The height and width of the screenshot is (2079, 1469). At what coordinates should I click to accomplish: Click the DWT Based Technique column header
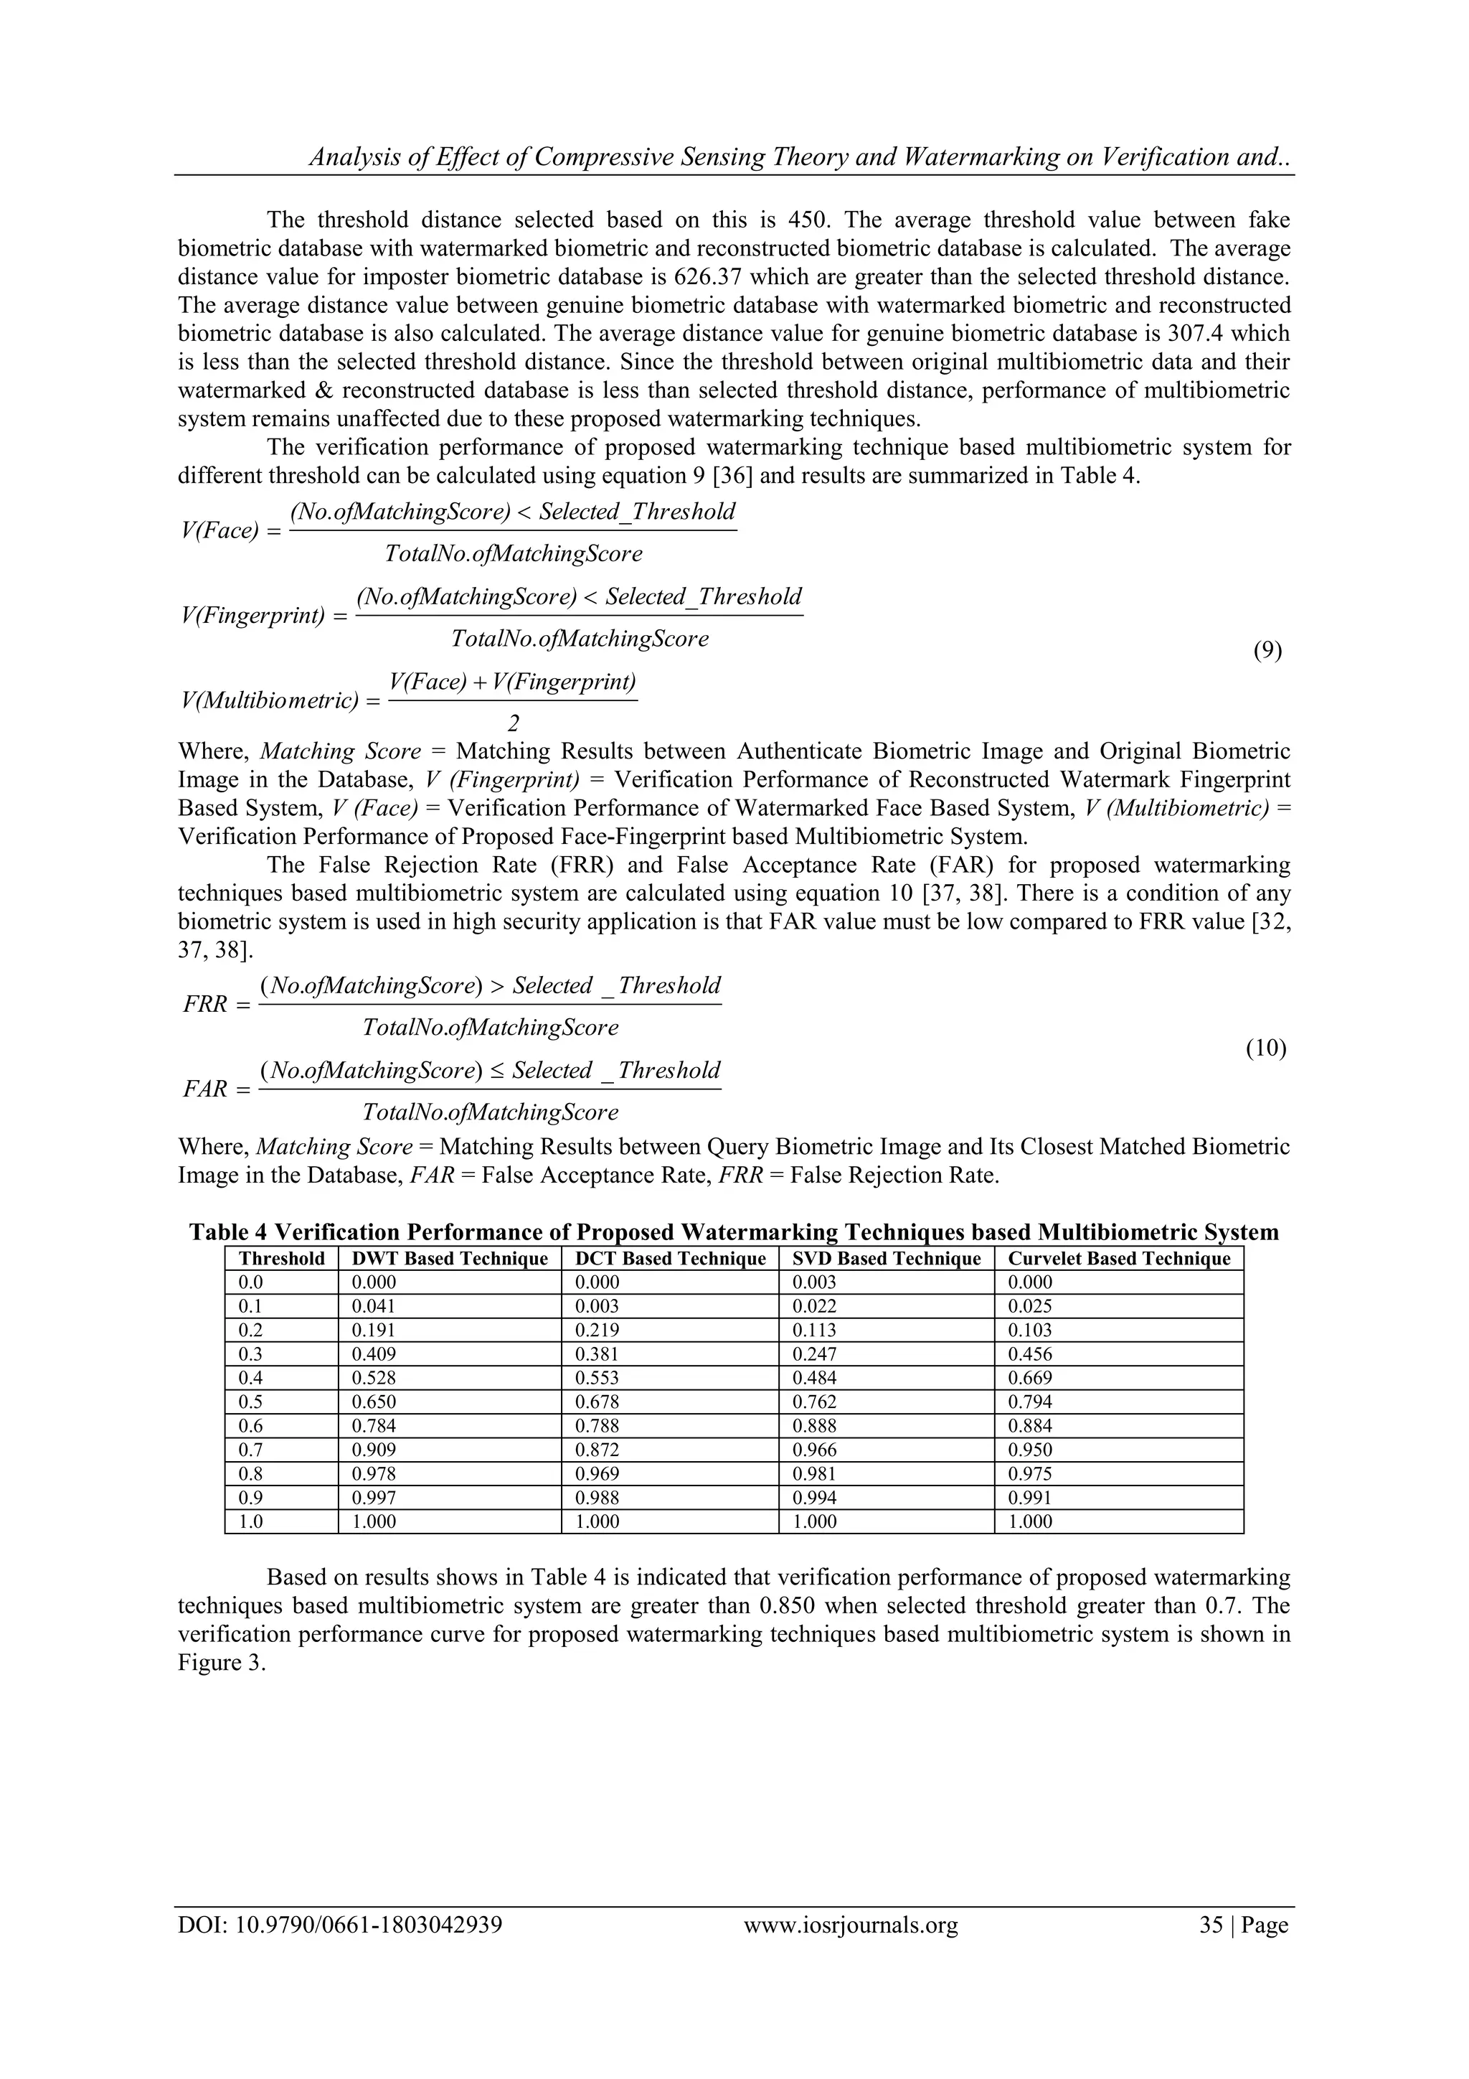click(449, 1259)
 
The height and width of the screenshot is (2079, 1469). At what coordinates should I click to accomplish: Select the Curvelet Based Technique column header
click(1119, 1259)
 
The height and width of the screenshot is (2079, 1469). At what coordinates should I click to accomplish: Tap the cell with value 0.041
click(374, 1305)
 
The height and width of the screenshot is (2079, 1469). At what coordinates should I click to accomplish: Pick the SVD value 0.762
click(813, 1402)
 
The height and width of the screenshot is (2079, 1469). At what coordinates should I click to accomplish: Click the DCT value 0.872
click(597, 1450)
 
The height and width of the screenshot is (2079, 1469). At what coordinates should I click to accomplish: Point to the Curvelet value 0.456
click(1030, 1353)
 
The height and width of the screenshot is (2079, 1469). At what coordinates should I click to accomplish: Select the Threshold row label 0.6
click(251, 1426)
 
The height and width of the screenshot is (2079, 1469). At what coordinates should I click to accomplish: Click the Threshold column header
click(281, 1259)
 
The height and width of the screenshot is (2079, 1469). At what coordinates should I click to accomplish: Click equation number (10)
click(1265, 1048)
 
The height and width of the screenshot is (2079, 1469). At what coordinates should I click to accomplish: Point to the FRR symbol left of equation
click(205, 1005)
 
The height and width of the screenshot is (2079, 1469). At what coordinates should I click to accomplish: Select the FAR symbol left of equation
click(205, 1089)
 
